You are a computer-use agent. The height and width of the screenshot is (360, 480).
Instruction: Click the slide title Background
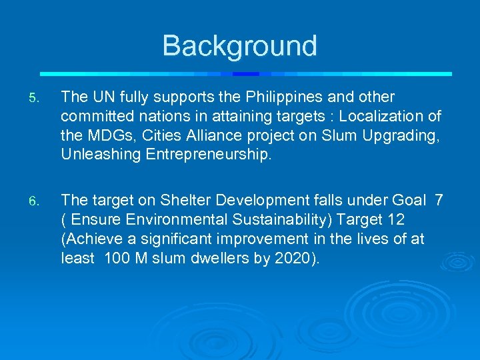click(239, 46)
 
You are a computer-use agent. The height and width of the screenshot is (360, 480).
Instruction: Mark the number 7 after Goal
click(439, 200)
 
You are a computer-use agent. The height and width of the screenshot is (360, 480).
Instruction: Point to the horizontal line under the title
click(245, 73)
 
